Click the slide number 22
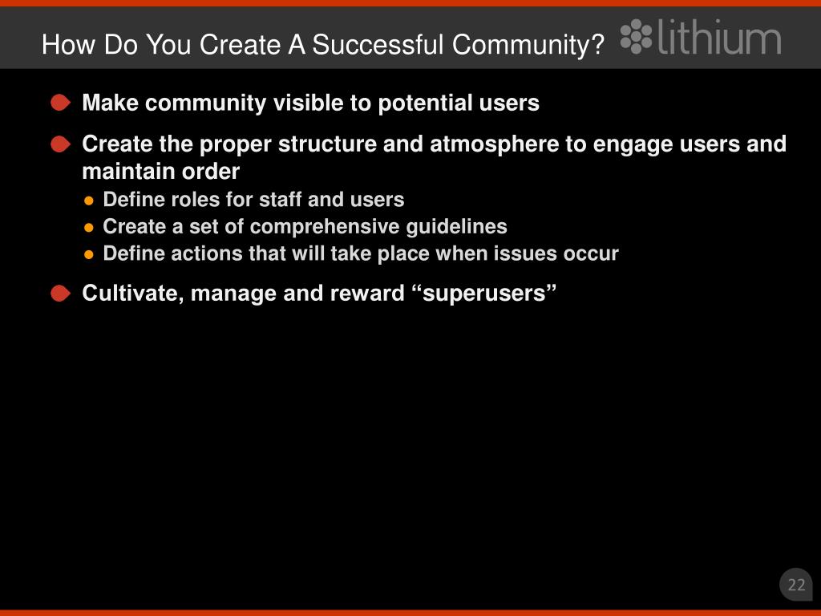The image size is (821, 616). [x=796, y=585]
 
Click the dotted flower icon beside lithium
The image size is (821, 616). [x=636, y=36]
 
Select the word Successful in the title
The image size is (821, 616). [x=378, y=45]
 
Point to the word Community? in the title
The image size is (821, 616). [x=528, y=46]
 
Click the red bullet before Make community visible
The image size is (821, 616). [x=60, y=103]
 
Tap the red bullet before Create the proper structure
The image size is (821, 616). [x=60, y=144]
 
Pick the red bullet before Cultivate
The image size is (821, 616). [x=60, y=294]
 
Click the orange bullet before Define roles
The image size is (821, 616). [x=89, y=201]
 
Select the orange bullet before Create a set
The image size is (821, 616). [x=89, y=228]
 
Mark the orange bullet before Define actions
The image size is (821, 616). [x=89, y=255]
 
